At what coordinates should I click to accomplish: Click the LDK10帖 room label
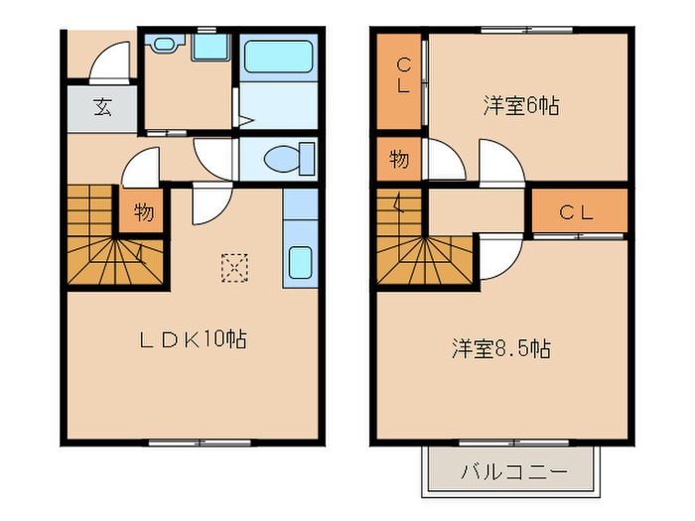(x=192, y=339)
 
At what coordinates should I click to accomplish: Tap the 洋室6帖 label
(x=521, y=105)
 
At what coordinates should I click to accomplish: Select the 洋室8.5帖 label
(x=501, y=349)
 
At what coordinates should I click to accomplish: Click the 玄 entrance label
(x=102, y=108)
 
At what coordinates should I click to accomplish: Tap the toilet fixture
(x=289, y=158)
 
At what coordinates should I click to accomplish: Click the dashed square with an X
(x=234, y=267)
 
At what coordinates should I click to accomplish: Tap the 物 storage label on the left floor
(x=142, y=212)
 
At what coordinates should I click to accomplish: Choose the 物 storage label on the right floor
(x=398, y=159)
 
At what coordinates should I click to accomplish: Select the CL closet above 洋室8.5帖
(x=575, y=211)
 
